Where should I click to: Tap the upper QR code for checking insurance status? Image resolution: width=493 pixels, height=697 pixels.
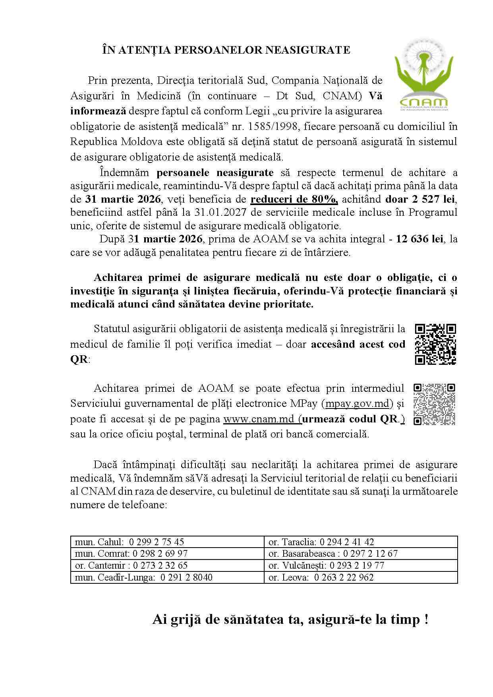tap(435, 344)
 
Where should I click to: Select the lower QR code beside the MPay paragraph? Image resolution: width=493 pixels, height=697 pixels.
tap(434, 404)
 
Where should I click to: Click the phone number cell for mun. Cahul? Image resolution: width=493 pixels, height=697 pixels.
tap(167, 542)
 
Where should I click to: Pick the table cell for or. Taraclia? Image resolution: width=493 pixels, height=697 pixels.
tap(361, 542)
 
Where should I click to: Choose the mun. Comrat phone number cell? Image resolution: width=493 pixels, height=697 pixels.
tap(167, 554)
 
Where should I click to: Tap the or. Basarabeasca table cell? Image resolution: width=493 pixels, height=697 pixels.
tap(361, 554)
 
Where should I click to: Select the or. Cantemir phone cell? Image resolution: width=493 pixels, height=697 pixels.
tap(167, 565)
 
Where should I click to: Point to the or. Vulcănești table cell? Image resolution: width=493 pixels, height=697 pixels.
tap(361, 565)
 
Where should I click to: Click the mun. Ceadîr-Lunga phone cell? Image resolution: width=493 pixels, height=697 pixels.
tap(167, 577)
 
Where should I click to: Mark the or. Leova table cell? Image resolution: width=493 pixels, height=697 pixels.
tap(361, 577)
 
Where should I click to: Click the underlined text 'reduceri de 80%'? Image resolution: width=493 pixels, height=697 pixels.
tap(294, 199)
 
